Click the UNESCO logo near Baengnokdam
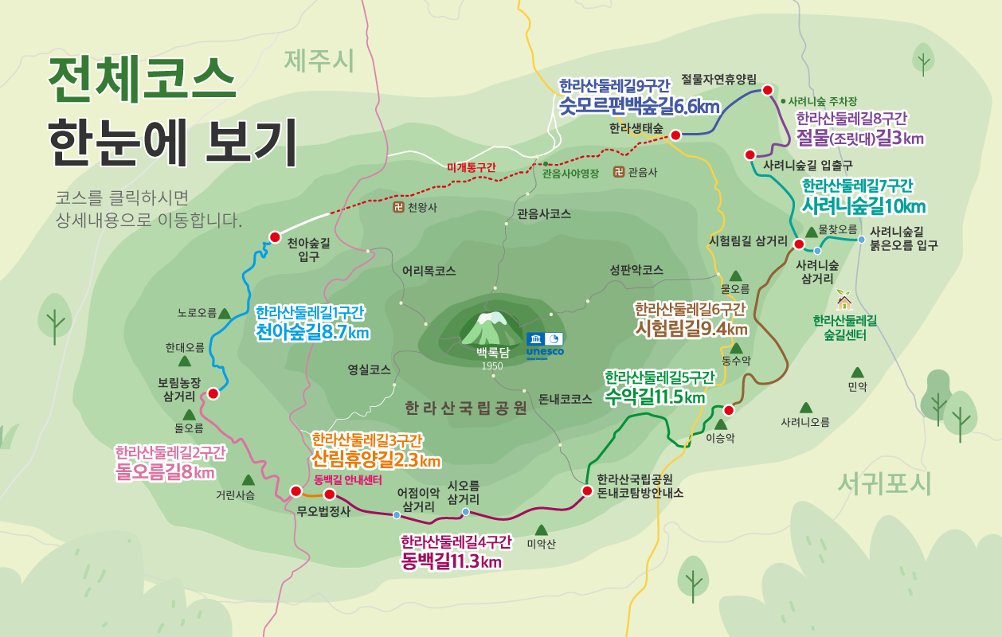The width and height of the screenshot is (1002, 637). [x=545, y=343]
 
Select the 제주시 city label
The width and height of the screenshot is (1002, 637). [x=319, y=61]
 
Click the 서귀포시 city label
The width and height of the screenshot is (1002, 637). [x=884, y=483]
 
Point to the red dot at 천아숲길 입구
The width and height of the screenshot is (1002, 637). [x=275, y=237]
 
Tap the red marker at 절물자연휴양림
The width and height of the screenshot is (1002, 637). [x=768, y=90]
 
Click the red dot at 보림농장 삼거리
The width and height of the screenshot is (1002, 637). [x=213, y=393]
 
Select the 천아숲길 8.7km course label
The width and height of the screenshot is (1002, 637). [x=312, y=332]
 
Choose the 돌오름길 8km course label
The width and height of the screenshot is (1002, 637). [x=165, y=473]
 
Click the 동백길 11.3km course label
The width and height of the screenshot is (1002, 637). [x=452, y=561]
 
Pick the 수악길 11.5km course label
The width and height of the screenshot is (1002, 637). [x=655, y=396]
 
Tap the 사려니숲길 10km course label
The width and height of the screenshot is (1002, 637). [x=863, y=206]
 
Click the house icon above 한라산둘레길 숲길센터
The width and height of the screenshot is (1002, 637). [x=844, y=302]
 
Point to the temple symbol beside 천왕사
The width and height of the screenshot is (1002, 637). [x=398, y=208]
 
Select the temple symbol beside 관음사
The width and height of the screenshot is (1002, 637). [x=619, y=171]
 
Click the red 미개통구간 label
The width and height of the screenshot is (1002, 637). [x=471, y=167]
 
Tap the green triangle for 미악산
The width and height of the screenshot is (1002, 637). [x=542, y=530]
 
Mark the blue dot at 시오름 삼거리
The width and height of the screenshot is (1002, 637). [x=466, y=512]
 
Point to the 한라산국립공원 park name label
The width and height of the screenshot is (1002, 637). [x=466, y=408]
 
